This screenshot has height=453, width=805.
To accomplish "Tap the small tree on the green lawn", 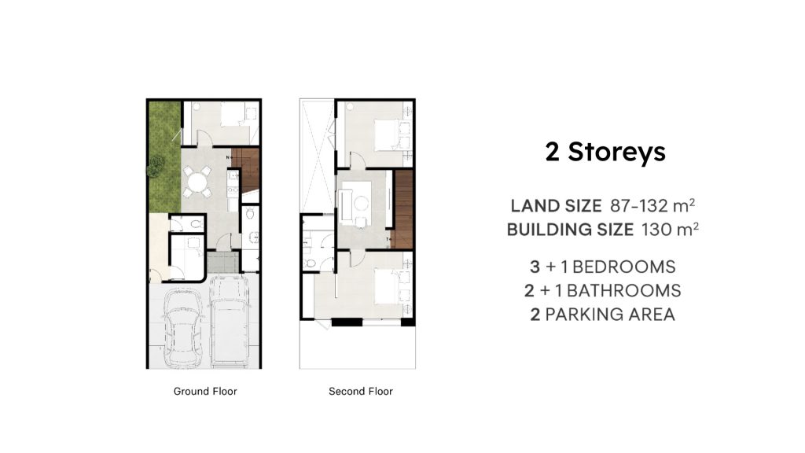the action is point(155,167).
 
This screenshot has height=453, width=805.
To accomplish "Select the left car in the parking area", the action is point(182,327).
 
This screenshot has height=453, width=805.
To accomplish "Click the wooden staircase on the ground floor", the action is point(246,170).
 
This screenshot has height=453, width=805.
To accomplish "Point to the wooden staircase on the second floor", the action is point(403,209).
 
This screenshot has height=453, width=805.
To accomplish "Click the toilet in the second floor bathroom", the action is point(310,263).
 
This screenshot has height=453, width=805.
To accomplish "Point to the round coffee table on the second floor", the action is point(361,204).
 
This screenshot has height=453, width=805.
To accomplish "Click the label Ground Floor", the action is point(205,392).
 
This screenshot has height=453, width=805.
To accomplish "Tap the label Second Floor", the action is point(361,392).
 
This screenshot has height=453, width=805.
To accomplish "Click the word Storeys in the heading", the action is point(616,153).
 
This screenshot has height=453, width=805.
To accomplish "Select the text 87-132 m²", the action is point(652,205).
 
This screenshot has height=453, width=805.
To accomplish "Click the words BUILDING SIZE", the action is point(571,229).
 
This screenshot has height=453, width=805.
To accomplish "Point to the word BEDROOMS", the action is point(623,267).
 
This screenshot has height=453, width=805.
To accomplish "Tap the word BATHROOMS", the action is point(623,291).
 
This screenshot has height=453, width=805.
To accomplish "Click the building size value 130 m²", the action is point(670,229).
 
